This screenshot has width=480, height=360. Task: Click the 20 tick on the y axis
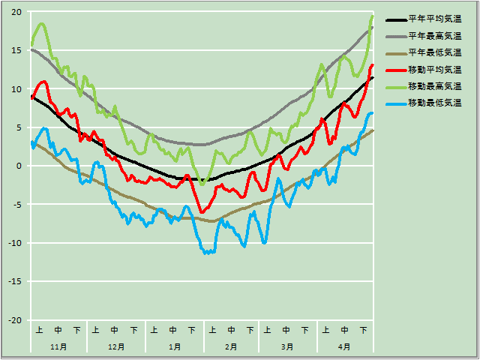coord(16,12)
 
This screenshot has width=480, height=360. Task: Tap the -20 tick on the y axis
coord(14,320)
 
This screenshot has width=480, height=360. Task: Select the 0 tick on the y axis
coord(19,166)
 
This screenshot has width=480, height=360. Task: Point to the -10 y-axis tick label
coord(14,243)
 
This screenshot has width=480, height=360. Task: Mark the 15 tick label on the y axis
coord(16,50)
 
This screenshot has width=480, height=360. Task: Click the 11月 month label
coord(58,347)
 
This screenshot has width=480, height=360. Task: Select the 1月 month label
coord(174,347)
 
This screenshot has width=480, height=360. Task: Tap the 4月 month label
coord(344,347)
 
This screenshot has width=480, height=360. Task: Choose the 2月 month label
coord(231,347)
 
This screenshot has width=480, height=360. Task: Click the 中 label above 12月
coord(115,329)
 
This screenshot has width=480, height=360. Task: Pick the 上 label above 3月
coord(267,329)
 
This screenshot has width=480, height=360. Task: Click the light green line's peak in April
coord(372,16)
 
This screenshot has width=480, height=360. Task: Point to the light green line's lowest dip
coord(202,183)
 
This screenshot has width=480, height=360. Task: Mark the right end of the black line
coord(372,77)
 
